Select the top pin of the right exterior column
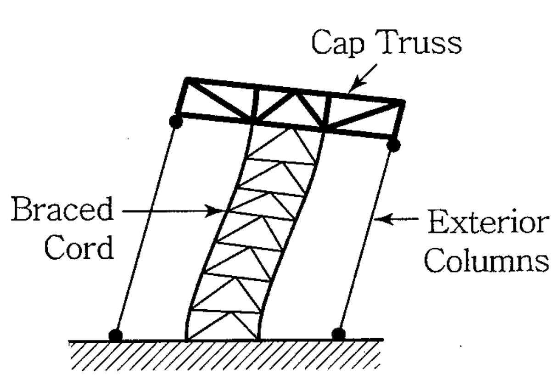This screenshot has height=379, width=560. tap(393, 146)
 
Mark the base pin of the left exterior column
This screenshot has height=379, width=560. tap(116, 334)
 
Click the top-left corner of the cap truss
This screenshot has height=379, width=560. tap(186, 80)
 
